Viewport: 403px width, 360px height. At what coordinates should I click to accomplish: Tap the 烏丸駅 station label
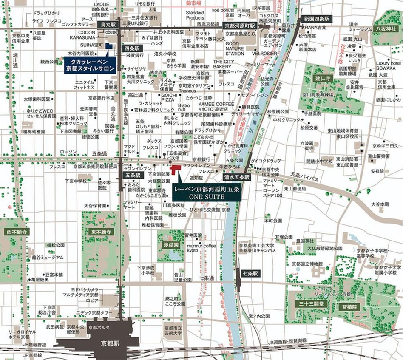[x=108, y=25]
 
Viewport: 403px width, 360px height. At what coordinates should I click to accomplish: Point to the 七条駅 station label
[x=250, y=274]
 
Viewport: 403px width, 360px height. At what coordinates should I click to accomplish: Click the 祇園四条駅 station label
[x=317, y=19]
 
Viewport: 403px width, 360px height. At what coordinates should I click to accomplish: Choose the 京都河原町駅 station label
[x=240, y=26]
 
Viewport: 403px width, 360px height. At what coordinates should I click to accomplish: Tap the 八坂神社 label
[x=386, y=28]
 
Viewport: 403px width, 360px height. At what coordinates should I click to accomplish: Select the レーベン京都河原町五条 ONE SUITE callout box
[x=207, y=192]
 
